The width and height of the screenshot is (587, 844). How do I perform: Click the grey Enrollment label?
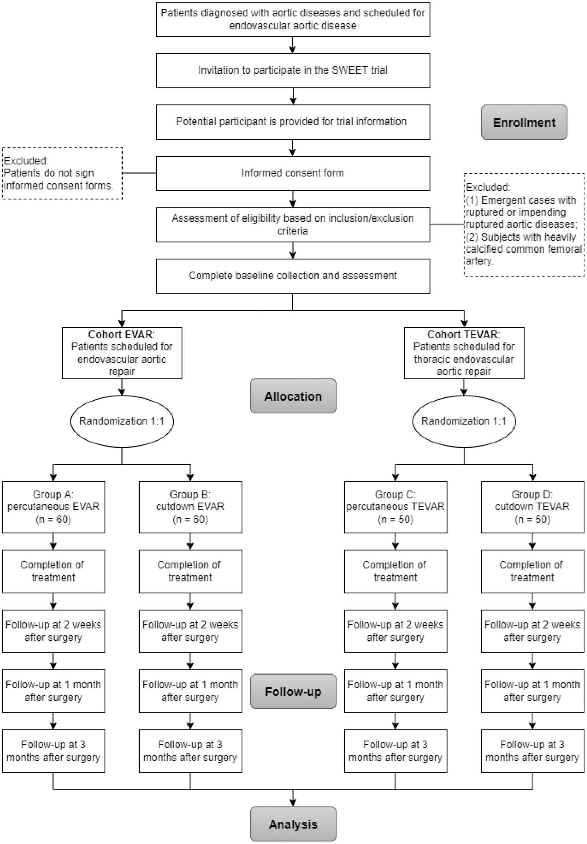tap(523, 123)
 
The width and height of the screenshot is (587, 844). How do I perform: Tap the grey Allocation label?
tap(293, 396)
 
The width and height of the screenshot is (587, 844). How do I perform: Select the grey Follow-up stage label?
tap(293, 691)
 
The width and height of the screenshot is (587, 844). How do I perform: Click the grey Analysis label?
tap(293, 824)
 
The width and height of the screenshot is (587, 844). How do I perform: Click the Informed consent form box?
tap(293, 173)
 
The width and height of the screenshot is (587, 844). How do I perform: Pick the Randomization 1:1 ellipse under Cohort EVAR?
tap(122, 421)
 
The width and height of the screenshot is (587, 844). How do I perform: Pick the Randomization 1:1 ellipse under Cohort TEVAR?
tap(464, 421)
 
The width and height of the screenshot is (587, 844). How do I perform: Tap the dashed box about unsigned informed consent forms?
tap(62, 173)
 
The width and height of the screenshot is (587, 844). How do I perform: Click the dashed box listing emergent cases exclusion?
tap(523, 224)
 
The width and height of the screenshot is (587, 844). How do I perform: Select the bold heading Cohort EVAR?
tap(120, 334)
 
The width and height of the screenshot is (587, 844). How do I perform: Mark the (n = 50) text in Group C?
tap(395, 519)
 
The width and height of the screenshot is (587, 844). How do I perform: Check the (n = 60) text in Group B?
tap(190, 519)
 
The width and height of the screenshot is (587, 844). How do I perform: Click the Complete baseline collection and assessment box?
tap(293, 276)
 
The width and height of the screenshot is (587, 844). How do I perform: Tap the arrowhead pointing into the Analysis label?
tap(293, 802)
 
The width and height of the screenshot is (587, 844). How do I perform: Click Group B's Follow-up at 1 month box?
tap(190, 691)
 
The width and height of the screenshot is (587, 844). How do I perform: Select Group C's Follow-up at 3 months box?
tap(395, 751)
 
